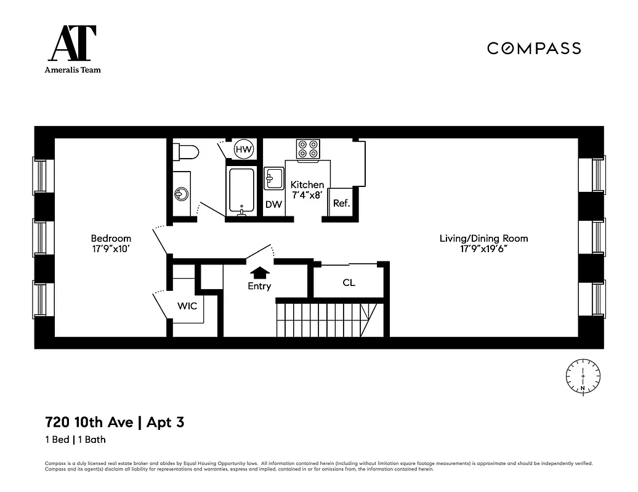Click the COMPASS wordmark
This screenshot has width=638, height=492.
(x=534, y=48)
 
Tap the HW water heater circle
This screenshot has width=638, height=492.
(x=244, y=149)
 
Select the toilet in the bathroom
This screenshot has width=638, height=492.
(x=185, y=151)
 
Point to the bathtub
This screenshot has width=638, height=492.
(x=241, y=189)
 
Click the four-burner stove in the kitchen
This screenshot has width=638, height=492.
(x=308, y=149)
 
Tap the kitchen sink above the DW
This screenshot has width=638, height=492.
(x=273, y=178)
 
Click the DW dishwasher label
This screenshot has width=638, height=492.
(x=273, y=204)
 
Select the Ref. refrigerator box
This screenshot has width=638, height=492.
(x=341, y=202)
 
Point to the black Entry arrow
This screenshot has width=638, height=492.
(x=259, y=272)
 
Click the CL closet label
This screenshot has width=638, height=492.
(x=349, y=283)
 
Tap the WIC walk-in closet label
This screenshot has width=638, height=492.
(x=187, y=306)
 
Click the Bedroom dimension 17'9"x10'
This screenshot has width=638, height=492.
(x=111, y=250)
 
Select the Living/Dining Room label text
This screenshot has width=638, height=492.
(x=483, y=238)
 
